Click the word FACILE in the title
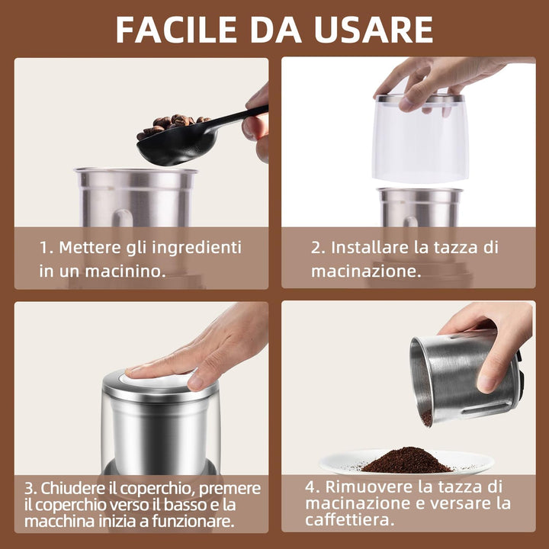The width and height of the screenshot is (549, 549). coord(176,30)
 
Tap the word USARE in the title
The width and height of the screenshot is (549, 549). coord(374,30)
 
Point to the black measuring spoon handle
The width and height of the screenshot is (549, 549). coord(238,117)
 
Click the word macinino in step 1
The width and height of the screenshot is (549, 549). coord(125,271)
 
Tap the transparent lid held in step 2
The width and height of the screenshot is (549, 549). coord(420,138)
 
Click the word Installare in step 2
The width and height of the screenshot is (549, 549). coord(369,247)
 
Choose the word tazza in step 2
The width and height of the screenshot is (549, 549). coord(455,248)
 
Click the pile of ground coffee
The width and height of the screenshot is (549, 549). coord(406,460)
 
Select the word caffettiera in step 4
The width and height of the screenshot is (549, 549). coord(348,519)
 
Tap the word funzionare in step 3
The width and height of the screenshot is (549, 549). coord(193,522)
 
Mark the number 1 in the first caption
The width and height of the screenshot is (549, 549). coord(43,248)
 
